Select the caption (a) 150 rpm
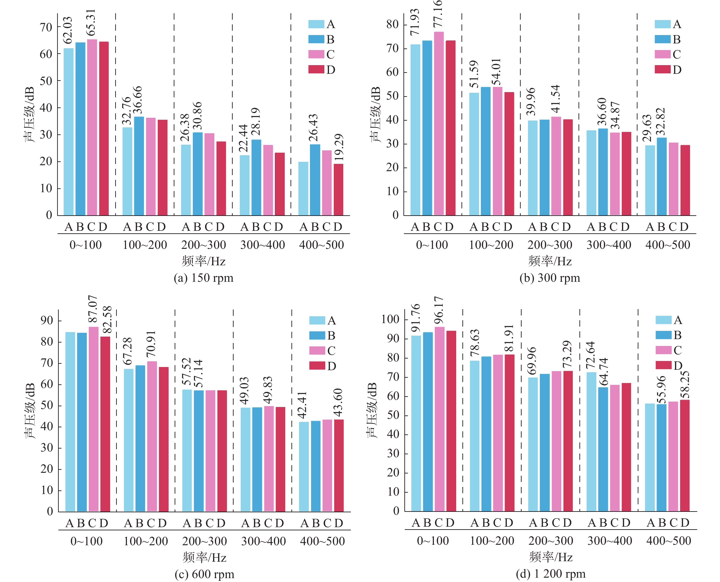coord(204,278)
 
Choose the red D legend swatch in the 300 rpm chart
coord(662,69)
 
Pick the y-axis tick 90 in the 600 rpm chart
coord(47,321)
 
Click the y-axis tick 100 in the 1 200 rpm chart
coord(390,319)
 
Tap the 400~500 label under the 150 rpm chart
coord(321,245)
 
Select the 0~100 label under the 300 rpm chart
coord(432,245)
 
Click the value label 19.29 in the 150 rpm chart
coord(339,147)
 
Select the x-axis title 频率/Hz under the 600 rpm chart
coord(205,558)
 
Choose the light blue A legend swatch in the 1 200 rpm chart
coord(663,320)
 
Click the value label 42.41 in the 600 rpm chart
coord(303,405)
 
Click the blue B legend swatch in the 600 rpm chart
coord(317,335)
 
